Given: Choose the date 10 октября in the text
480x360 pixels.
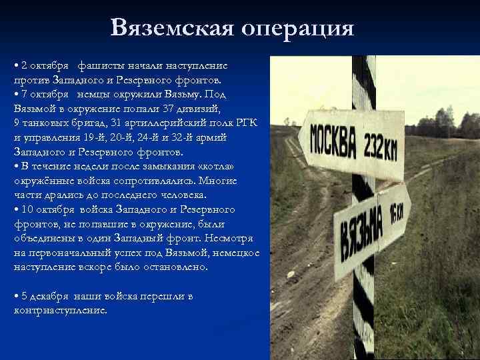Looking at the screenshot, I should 48,209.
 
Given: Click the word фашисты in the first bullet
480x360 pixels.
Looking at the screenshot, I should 99,65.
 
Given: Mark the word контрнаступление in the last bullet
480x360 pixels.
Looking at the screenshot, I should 59,311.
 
